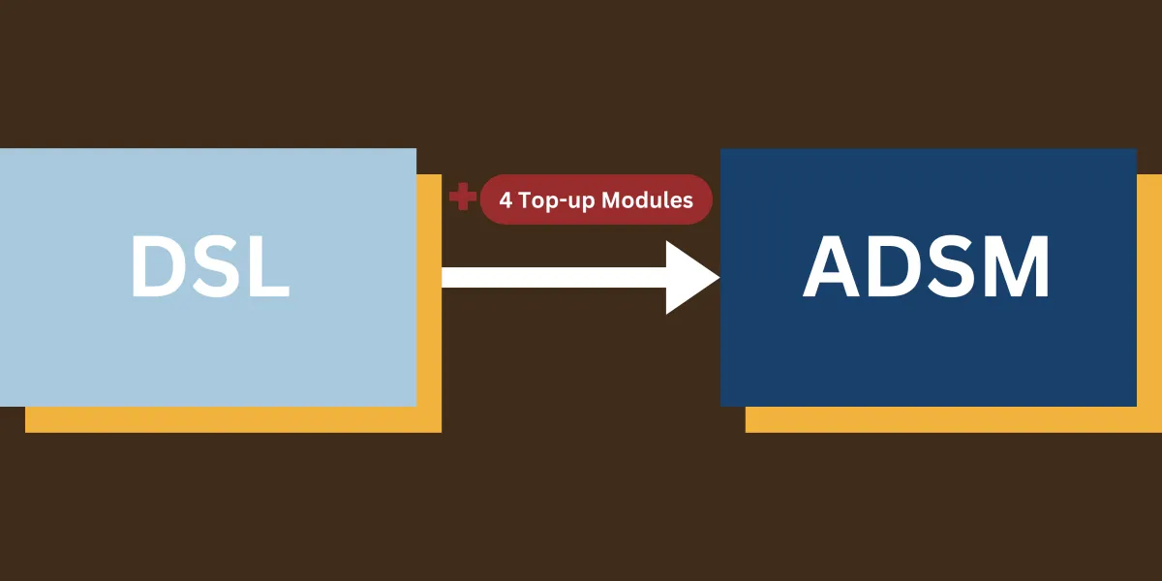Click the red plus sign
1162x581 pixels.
pos(463,198)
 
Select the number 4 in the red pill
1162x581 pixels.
pos(505,200)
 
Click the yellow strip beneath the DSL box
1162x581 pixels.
pos(232,419)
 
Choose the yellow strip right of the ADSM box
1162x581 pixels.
pos(1149,290)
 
